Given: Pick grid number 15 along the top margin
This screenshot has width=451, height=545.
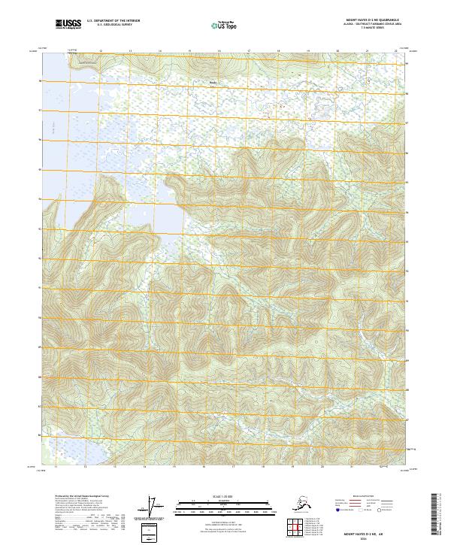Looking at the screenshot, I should [189, 52].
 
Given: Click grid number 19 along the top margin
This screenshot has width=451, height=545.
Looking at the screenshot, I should [307, 52].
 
